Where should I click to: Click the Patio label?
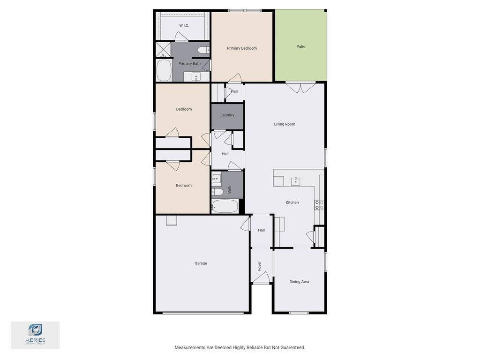(300, 46)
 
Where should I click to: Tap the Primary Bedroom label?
(241, 48)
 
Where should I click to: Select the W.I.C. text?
(184, 25)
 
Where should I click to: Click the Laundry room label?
(227, 115)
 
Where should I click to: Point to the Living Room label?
(285, 124)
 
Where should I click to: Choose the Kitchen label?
(292, 202)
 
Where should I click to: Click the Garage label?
(201, 263)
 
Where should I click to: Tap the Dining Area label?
(299, 282)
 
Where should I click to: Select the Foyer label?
(259, 266)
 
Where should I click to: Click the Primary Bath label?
(189, 64)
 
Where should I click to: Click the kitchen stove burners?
(319, 205)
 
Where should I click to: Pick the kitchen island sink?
(295, 181)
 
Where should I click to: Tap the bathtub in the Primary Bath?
(164, 70)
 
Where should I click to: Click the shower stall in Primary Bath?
(163, 50)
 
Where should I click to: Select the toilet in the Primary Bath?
(203, 50)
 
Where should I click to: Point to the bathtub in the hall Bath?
(225, 206)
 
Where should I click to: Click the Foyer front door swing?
(261, 277)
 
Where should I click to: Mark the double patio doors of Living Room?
(300, 88)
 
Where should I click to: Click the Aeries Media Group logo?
(35, 334)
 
